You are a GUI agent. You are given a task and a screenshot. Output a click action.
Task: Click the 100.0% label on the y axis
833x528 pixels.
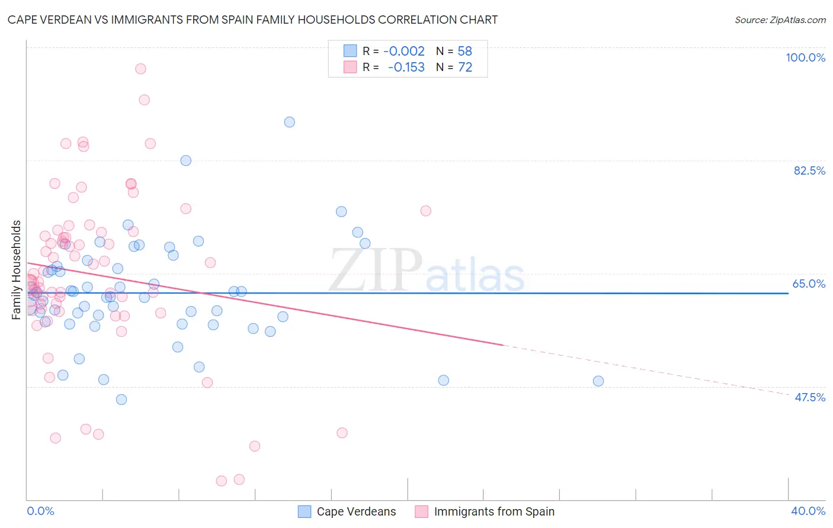805,57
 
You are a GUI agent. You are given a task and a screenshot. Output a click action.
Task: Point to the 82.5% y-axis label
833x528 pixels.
809,170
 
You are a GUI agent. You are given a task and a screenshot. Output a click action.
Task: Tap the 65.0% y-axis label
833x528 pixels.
809,284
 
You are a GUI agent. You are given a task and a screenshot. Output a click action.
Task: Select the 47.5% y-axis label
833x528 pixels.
809,397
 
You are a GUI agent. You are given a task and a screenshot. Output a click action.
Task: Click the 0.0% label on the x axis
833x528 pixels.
40,511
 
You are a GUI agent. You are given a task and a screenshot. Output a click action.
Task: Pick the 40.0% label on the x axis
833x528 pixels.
808,511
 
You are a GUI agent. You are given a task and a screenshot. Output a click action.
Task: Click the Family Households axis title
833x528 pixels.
17,270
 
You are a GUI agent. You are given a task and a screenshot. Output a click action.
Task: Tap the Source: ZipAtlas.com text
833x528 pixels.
780,20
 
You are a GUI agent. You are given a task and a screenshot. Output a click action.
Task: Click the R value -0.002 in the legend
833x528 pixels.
404,51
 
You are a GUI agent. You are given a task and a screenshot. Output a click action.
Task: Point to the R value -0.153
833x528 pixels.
406,67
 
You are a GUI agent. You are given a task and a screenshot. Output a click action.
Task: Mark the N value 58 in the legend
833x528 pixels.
464,51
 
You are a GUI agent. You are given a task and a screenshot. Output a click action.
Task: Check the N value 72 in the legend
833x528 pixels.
464,67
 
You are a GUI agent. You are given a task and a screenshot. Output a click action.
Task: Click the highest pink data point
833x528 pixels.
140,69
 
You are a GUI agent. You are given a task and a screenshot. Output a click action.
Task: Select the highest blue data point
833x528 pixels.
289,122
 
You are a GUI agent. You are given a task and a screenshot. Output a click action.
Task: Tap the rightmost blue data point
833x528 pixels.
598,381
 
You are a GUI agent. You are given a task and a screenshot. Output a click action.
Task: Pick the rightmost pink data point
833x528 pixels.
425,211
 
